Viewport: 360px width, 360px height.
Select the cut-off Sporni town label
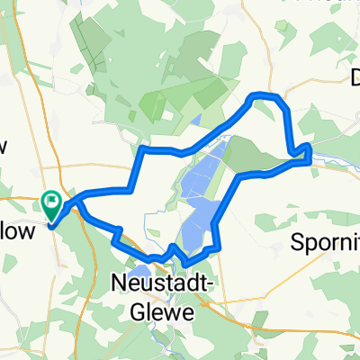click(327, 242)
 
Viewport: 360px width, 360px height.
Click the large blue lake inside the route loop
click(202, 193)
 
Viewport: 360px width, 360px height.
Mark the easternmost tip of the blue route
click(310, 155)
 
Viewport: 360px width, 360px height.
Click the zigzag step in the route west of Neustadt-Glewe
click(117, 236)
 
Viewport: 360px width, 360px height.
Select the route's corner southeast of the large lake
click(219, 246)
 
